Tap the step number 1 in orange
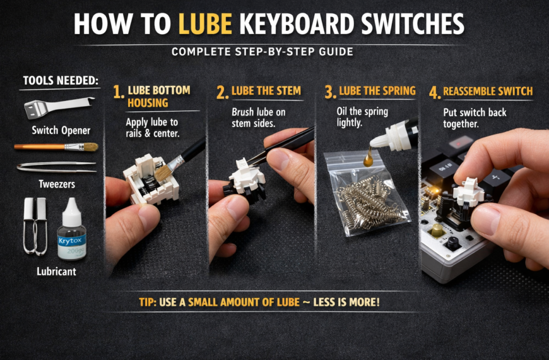[x=117, y=93]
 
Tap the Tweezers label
[x=56, y=184]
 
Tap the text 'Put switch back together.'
[x=475, y=118]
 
